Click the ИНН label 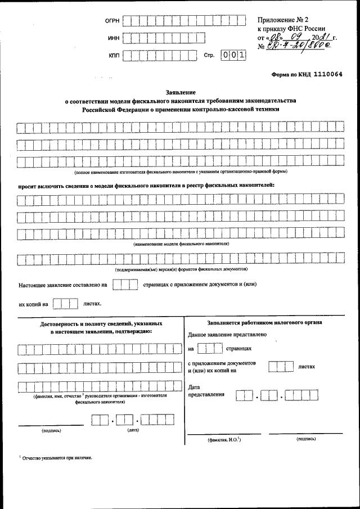112,39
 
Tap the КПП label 113,56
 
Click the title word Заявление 180,92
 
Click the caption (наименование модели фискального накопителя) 181,244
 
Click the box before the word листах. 65,304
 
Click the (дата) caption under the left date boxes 133,431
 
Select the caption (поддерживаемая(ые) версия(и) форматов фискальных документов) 181,270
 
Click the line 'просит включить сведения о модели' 146,184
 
